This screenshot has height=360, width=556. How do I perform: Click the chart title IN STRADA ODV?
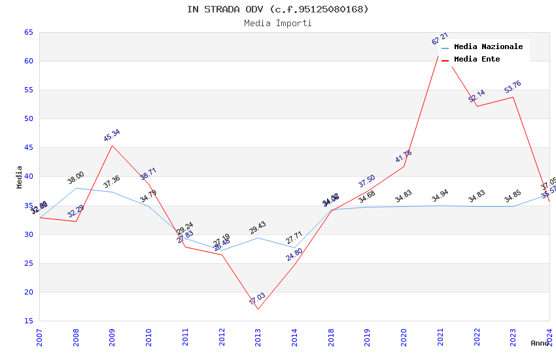pyautogui.click(x=277, y=9)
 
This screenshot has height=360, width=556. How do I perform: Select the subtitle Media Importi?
pyautogui.click(x=277, y=24)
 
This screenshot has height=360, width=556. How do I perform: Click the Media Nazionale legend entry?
pyautogui.click(x=488, y=47)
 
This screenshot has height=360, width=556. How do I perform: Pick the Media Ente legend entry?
pyautogui.click(x=477, y=60)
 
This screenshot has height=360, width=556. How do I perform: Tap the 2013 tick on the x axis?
pyautogui.click(x=258, y=338)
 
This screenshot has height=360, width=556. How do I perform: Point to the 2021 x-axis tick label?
pyautogui.click(x=440, y=338)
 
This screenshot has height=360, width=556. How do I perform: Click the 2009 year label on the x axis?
pyautogui.click(x=113, y=338)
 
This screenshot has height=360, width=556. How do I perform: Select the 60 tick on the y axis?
pyautogui.click(x=28, y=62)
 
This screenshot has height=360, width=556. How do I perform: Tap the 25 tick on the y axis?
pyautogui.click(x=28, y=264)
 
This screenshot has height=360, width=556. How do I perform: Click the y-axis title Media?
pyautogui.click(x=20, y=177)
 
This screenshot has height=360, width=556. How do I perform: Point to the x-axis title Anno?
pyautogui.click(x=540, y=343)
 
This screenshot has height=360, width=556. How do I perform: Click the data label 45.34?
pyautogui.click(x=112, y=135)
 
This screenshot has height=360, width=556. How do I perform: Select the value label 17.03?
pyautogui.click(x=257, y=299)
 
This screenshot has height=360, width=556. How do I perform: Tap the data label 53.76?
pyautogui.click(x=513, y=87)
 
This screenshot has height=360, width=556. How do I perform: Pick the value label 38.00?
pyautogui.click(x=76, y=177)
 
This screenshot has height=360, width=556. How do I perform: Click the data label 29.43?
pyautogui.click(x=258, y=228)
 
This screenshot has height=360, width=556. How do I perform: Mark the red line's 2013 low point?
pyautogui.click(x=258, y=309)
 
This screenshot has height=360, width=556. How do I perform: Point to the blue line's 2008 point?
pyautogui.click(x=76, y=188)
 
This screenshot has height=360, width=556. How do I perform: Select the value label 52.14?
pyautogui.click(x=476, y=96)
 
